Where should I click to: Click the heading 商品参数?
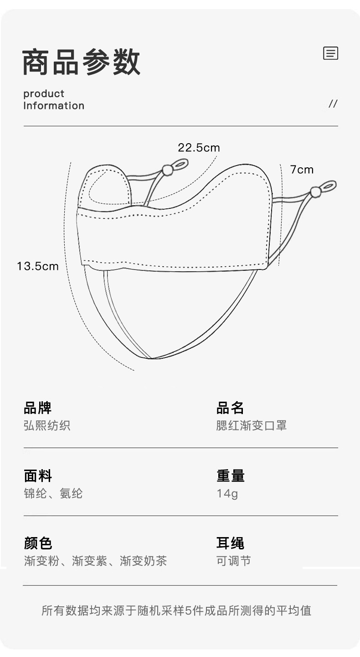point(81,62)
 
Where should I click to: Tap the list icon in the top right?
point(330,53)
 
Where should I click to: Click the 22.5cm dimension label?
point(199,148)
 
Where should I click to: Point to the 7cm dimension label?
point(302,170)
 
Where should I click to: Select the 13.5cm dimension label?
point(38,266)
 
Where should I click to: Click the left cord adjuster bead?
point(167,171)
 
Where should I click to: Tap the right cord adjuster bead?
point(315,191)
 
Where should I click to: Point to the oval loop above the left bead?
point(180,163)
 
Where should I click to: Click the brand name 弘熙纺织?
point(47,426)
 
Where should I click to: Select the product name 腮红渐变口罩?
point(251,426)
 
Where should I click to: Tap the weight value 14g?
point(227,494)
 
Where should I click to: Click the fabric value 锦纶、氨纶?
point(53,494)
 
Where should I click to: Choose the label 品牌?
point(37,408)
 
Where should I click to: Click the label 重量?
point(230,476)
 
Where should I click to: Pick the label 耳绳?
point(230,543)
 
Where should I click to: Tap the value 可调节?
point(233,561)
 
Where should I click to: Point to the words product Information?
point(54,100)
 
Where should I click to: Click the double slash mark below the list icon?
point(333,104)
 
